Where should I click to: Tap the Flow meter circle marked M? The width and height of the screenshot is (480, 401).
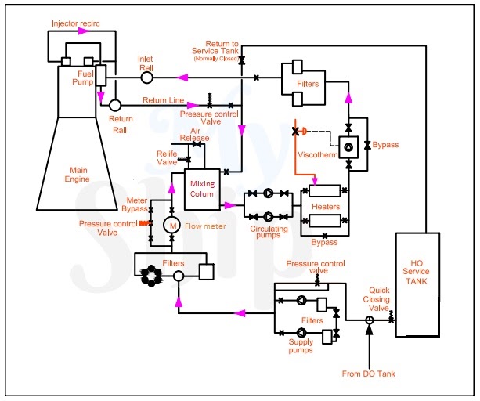click(x=171, y=225)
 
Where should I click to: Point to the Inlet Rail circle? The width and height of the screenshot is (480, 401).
click(x=146, y=78)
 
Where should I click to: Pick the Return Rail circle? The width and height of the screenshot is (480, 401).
click(x=114, y=104)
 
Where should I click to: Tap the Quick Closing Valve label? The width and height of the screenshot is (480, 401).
click(x=380, y=298)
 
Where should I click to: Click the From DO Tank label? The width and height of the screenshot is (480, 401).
click(x=369, y=373)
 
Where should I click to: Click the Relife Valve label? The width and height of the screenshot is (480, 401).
click(x=167, y=157)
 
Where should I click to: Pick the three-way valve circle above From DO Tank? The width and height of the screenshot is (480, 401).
click(x=369, y=320)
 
